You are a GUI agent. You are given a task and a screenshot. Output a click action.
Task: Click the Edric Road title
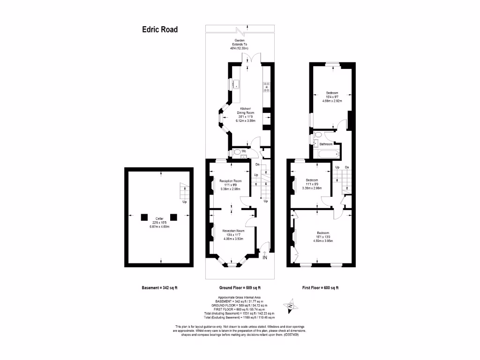pos(160,30)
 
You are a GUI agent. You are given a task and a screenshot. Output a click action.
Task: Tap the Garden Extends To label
pos(239,45)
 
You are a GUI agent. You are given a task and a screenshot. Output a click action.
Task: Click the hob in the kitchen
pos(266,87)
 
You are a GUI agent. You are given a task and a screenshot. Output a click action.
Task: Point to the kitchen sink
pos(237,84)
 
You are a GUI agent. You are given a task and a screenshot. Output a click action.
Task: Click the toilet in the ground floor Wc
pos(236,152)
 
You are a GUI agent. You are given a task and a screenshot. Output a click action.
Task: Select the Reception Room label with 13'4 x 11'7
pos(233,234)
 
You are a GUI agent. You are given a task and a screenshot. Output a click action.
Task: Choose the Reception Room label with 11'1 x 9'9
pos(230,184)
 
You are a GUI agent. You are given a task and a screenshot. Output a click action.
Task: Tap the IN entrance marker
pos(265,257)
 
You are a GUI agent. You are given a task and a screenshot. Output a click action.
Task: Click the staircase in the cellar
pos(185,192)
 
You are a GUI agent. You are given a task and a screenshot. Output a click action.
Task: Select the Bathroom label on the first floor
pos(326,144)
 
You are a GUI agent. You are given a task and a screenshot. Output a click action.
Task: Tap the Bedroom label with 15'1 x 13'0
pos(322,237)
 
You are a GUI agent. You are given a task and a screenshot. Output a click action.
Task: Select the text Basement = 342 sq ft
pos(159,288)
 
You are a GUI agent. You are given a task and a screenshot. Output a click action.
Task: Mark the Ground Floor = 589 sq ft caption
pos(240,288)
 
